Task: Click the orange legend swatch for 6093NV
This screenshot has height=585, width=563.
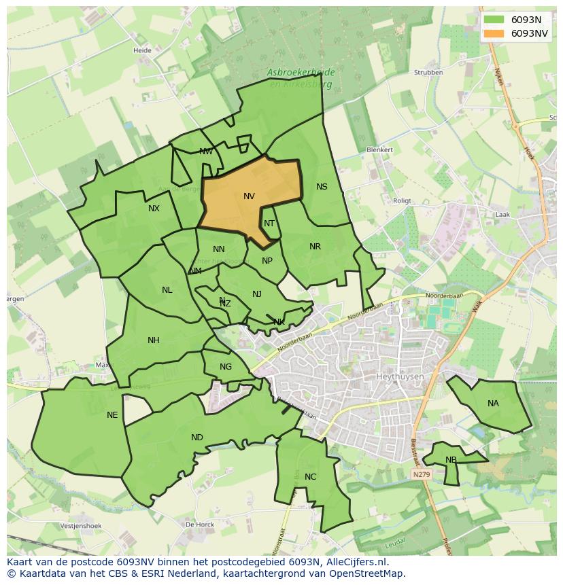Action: [x=495, y=33]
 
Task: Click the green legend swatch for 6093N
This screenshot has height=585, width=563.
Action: [x=495, y=20]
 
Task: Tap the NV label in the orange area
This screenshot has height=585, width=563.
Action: [x=249, y=196]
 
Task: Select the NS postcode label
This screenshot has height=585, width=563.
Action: [x=322, y=187]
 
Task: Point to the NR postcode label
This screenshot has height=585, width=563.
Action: [x=315, y=247]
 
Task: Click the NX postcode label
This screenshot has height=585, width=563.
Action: [x=154, y=209]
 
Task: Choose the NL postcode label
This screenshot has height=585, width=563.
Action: [x=167, y=290]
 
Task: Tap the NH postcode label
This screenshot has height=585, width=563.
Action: [x=154, y=340]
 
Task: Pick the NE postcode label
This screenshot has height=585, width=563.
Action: [x=112, y=415]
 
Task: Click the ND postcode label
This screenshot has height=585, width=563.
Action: [x=197, y=438]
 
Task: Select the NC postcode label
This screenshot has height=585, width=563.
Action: [x=310, y=477]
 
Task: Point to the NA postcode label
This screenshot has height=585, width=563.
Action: [x=493, y=404]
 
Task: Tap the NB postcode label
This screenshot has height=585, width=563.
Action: [x=451, y=460]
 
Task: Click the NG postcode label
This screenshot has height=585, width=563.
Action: [x=226, y=367]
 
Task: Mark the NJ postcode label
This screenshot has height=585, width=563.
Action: [x=256, y=294]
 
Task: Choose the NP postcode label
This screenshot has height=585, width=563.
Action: [x=267, y=261]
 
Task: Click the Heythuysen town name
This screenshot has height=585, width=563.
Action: [x=399, y=376]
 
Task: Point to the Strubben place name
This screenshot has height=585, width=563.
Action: [x=428, y=72]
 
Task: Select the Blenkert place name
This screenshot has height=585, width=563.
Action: [x=379, y=149]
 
